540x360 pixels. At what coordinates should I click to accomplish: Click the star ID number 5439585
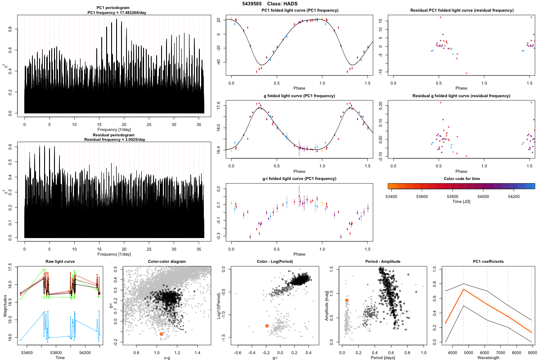tap(252, 4)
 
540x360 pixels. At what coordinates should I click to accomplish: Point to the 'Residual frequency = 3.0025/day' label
tap(114, 139)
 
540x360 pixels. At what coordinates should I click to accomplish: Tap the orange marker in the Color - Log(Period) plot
tap(267, 325)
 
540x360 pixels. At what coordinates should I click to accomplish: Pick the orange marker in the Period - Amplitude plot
tap(347, 300)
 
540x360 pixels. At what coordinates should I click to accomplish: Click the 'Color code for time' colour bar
tap(461, 185)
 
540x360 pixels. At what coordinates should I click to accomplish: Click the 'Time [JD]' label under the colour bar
tap(461, 202)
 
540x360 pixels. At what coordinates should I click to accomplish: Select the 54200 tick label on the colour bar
tap(514, 196)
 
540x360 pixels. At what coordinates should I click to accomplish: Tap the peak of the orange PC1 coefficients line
tap(463, 289)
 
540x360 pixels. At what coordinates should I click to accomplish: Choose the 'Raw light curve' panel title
tap(60, 261)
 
